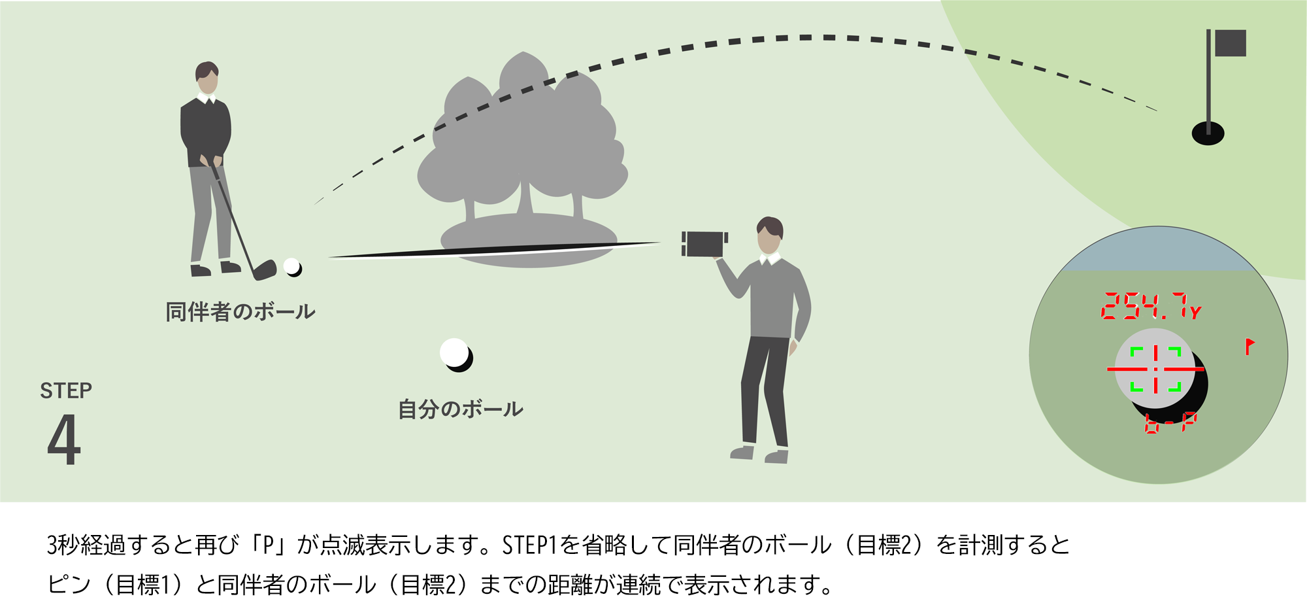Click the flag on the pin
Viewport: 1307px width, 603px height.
[x=1230, y=43]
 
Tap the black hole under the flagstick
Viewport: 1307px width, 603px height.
[x=1208, y=134]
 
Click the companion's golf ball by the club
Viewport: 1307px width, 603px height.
[x=292, y=267]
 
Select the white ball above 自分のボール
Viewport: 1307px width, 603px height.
[x=455, y=354]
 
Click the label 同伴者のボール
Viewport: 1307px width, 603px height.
[x=240, y=312]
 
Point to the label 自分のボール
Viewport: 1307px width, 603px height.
[x=461, y=410]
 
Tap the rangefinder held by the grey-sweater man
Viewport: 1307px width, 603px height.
[x=704, y=244]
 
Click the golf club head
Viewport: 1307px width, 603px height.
[x=265, y=270]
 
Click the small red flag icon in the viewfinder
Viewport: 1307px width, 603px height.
[x=1249, y=346]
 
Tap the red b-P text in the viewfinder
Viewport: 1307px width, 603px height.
[x=1170, y=423]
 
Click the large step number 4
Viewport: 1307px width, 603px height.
[x=64, y=439]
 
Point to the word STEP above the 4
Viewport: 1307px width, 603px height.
[x=66, y=390]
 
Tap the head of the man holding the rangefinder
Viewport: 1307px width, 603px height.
[x=770, y=235]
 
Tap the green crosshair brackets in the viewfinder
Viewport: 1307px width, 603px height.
[x=1155, y=370]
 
